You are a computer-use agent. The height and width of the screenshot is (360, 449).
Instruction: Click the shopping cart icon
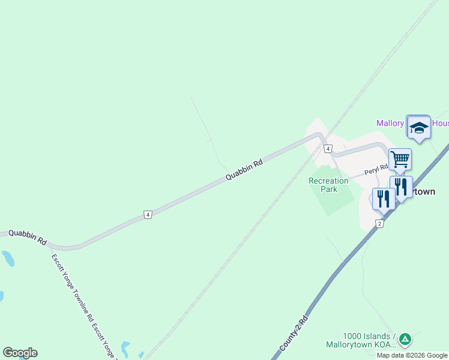tap(400, 160)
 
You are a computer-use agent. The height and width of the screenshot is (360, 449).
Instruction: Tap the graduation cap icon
tap(418, 127)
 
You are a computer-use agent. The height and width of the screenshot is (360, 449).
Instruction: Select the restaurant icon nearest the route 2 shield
tap(383, 199)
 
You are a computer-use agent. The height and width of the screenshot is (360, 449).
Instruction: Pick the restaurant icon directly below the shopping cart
tap(401, 187)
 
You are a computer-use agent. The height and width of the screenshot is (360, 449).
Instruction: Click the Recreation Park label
tap(328, 185)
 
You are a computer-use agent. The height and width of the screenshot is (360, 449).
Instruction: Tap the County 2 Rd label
tap(294, 333)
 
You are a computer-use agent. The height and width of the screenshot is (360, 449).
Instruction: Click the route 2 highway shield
tap(379, 223)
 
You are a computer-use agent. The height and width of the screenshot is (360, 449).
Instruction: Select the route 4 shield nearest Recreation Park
tap(328, 148)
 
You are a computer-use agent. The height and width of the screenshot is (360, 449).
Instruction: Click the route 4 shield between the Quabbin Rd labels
tap(147, 214)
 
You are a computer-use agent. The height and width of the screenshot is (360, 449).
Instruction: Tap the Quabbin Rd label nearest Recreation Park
tap(244, 170)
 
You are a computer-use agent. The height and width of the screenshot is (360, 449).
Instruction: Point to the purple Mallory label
tap(391, 123)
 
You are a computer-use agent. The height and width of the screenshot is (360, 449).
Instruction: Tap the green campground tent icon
tap(405, 340)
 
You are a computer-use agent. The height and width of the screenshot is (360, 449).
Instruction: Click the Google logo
tap(20, 353)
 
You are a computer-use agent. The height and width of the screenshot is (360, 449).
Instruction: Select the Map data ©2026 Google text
tap(412, 355)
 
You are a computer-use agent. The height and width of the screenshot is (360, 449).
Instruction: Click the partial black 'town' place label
tap(424, 191)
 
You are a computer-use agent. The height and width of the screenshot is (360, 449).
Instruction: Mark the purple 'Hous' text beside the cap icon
tap(440, 123)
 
